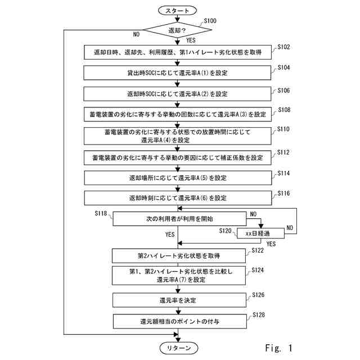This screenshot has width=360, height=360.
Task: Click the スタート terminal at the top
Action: [x=177, y=11]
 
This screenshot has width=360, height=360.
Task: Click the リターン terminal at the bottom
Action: [x=179, y=348]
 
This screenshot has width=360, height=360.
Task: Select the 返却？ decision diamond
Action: [x=177, y=30]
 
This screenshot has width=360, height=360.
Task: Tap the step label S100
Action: [x=210, y=21]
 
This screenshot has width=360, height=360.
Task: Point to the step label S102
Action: [x=283, y=47]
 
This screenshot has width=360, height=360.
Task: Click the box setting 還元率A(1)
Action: [x=177, y=73]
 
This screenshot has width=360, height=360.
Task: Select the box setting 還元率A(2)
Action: [x=177, y=94]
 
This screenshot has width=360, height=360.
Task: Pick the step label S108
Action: [x=284, y=110]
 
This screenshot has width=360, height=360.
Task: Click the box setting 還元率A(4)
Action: [x=178, y=136]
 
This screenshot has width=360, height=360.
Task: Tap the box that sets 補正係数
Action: [x=178, y=157]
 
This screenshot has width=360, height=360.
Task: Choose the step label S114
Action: [x=283, y=173]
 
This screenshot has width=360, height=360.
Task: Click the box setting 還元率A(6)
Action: [x=178, y=198]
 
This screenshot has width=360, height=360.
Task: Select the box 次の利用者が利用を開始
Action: [x=179, y=219]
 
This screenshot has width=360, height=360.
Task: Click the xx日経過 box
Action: [x=260, y=233]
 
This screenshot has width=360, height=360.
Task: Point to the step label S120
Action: [x=225, y=231]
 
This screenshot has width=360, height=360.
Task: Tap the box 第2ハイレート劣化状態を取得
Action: [x=179, y=256]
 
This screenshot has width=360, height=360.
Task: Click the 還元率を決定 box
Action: [x=179, y=300]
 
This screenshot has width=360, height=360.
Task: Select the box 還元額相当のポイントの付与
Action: [x=180, y=321]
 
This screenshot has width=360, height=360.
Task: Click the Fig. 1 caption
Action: [x=279, y=348]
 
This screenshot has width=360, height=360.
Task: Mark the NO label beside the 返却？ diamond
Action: [x=136, y=34]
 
